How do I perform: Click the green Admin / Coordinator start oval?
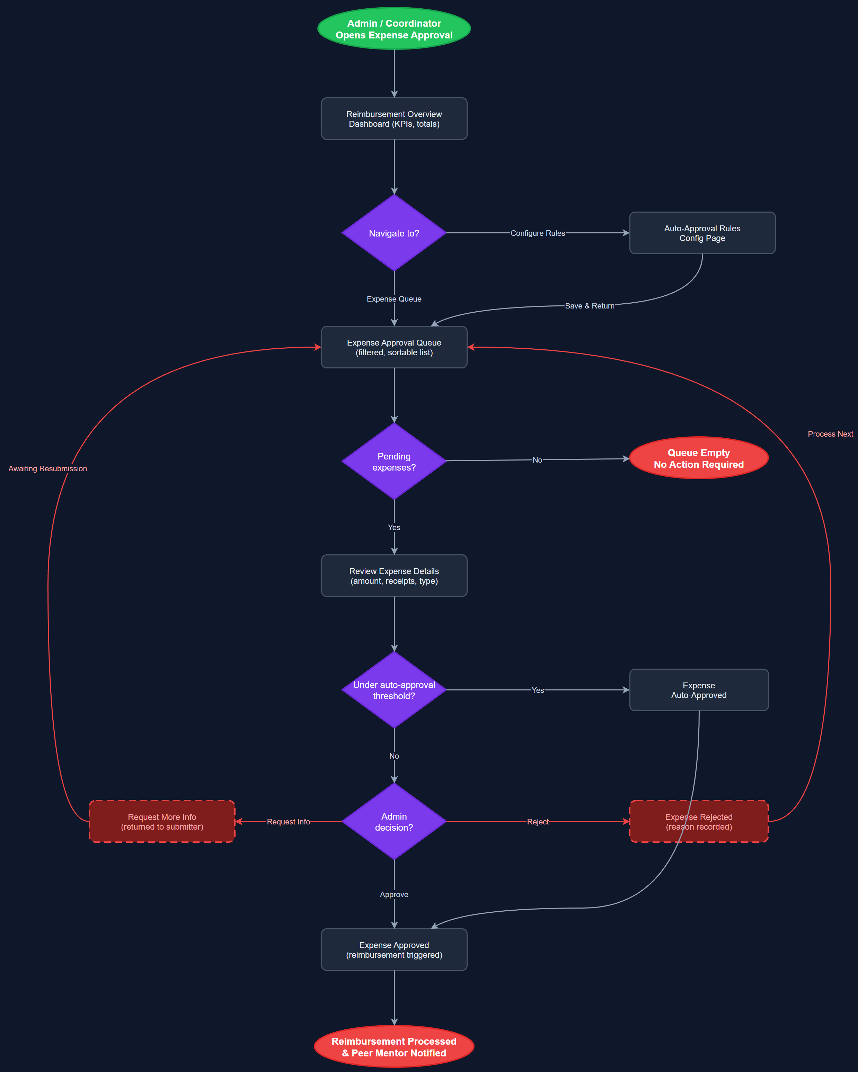(394, 29)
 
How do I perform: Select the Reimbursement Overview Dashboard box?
(394, 119)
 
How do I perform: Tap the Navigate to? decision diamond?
(394, 233)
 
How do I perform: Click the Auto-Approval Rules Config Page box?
(702, 233)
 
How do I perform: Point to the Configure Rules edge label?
(538, 233)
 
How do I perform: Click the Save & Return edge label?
(590, 306)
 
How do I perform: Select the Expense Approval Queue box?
(394, 347)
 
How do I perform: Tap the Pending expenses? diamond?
(394, 462)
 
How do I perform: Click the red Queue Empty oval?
(698, 458)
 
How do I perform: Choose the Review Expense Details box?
(394, 576)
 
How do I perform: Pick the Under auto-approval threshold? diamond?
(394, 690)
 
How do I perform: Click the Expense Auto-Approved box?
(698, 690)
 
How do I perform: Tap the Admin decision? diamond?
(394, 821)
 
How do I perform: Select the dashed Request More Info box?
(162, 821)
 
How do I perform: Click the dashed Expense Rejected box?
(698, 821)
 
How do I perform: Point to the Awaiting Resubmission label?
(48, 468)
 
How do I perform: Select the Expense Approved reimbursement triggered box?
(394, 950)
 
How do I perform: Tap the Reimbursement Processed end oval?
(394, 1047)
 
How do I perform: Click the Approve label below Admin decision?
(394, 894)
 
